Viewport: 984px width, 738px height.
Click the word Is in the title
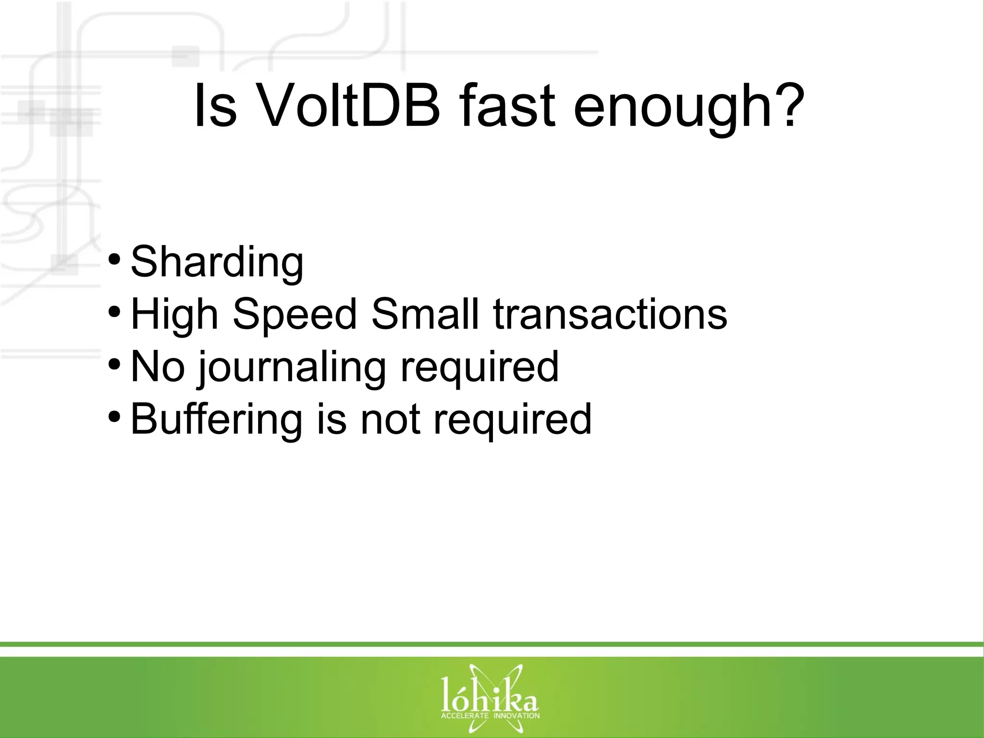[x=215, y=107]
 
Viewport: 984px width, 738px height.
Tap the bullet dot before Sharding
[x=114, y=260]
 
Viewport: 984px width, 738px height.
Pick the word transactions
[x=610, y=315]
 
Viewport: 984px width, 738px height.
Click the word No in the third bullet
[x=158, y=367]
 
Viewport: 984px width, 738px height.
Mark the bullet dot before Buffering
[x=114, y=416]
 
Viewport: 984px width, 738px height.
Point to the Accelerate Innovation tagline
[x=490, y=715]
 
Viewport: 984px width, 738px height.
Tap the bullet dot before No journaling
[x=114, y=364]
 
